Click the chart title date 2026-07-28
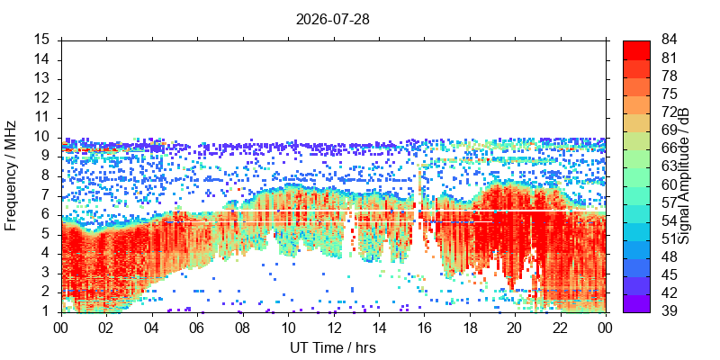coord(332,20)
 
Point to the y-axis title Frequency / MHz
coord(11,175)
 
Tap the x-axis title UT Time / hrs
coord(333,347)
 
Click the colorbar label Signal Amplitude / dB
coord(684,175)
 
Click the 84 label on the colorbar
coord(670,40)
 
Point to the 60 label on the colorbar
coord(670,184)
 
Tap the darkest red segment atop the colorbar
coord(636,49)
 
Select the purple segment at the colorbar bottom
coord(636,303)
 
